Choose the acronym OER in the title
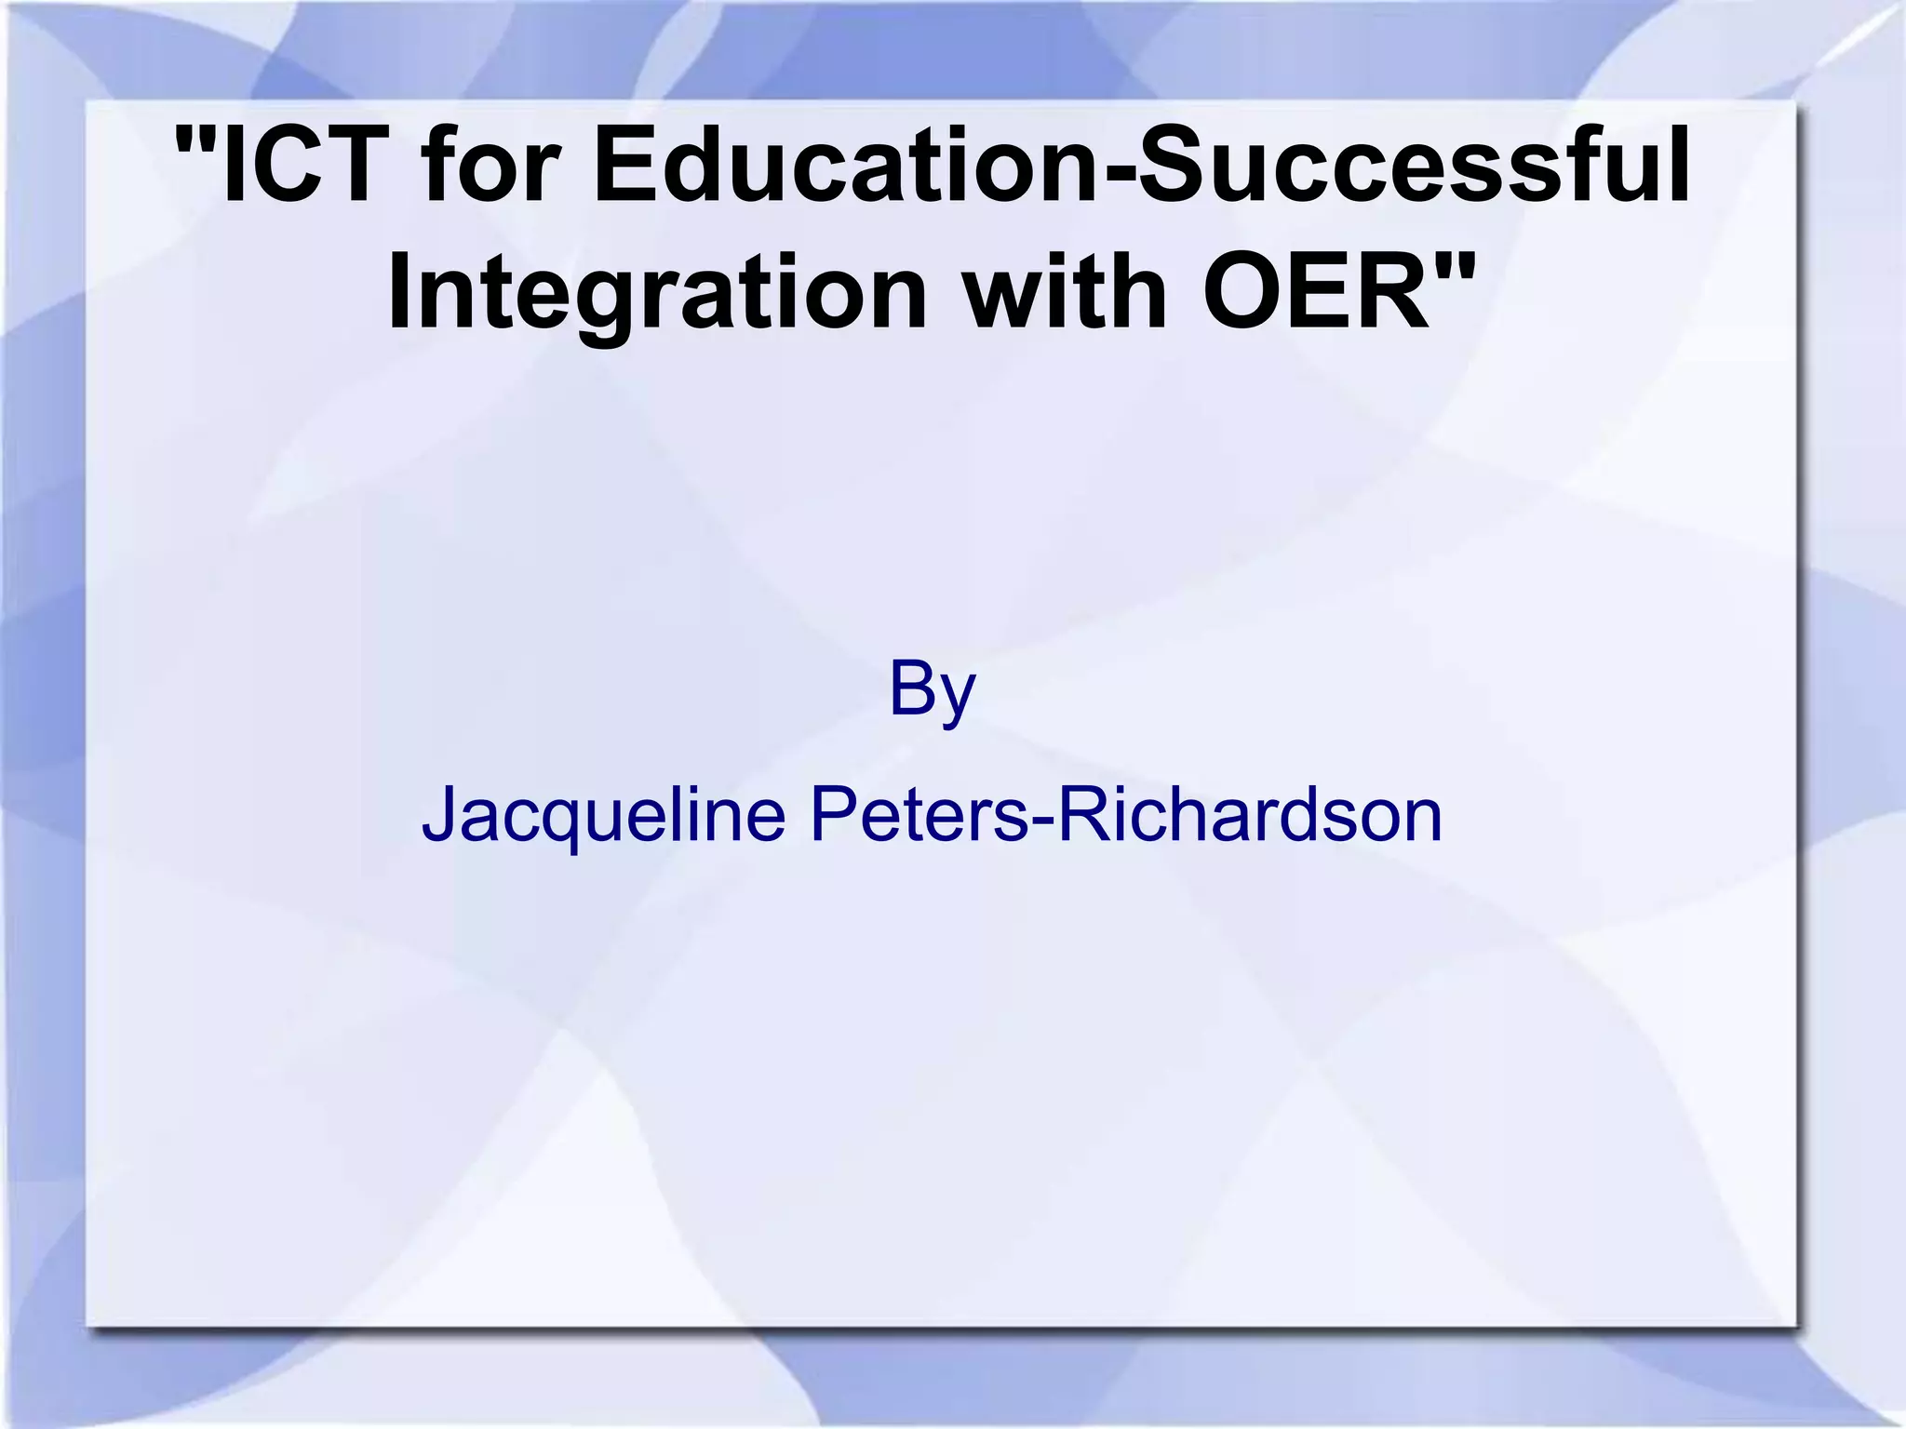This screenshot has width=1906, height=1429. pyautogui.click(x=1317, y=292)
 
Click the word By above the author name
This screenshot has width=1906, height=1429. pyautogui.click(x=932, y=689)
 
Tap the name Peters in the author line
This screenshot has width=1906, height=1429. pyautogui.click(x=918, y=815)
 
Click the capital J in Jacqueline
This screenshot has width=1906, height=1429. pyautogui.click(x=438, y=815)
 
